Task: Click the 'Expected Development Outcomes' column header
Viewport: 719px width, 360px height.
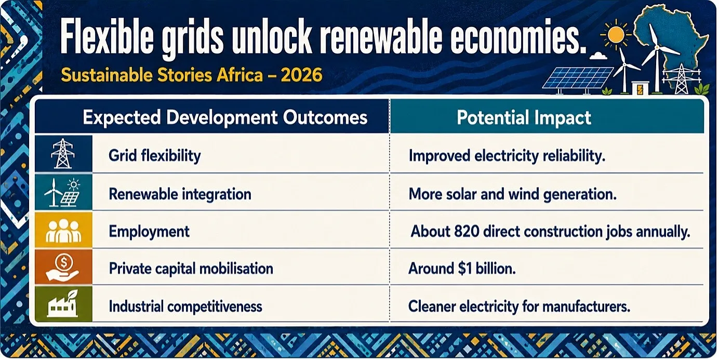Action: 225,117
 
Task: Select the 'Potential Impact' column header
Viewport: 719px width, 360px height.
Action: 524,118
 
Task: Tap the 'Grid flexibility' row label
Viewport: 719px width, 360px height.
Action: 155,156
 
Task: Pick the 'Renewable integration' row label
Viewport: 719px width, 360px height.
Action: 180,194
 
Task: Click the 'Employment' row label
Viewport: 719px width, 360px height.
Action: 149,232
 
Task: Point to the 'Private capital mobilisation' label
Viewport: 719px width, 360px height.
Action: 191,269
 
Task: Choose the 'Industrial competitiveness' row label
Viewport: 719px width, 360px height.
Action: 185,306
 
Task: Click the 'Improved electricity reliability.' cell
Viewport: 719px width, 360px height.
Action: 507,156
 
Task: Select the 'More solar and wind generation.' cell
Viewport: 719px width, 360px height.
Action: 513,194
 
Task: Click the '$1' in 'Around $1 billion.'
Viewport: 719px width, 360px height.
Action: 465,269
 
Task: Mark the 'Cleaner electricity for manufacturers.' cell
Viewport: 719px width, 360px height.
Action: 519,306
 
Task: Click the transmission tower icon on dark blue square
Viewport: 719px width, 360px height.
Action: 63,154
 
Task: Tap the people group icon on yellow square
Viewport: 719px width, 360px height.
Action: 63,231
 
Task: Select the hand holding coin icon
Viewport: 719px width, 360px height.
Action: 62,267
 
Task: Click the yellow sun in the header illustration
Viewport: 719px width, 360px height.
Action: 616,34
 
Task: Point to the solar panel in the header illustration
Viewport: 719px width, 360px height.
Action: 578,78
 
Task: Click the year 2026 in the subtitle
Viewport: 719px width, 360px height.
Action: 301,75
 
